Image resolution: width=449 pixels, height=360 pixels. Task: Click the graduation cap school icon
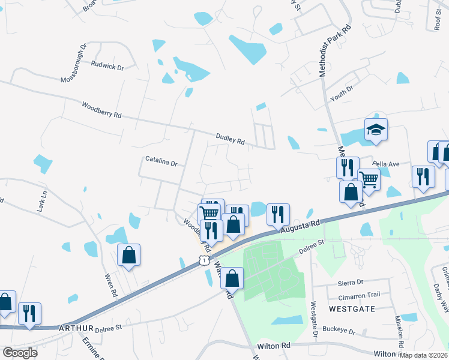point(376,130)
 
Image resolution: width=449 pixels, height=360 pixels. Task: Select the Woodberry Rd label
point(102,110)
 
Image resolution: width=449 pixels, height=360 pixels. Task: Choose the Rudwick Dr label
point(107,66)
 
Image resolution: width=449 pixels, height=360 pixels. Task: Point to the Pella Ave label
point(386,163)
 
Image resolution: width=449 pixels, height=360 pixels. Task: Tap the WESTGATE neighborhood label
point(352,308)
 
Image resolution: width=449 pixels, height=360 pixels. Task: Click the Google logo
point(20,352)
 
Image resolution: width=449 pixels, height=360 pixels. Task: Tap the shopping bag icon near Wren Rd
point(129,254)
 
